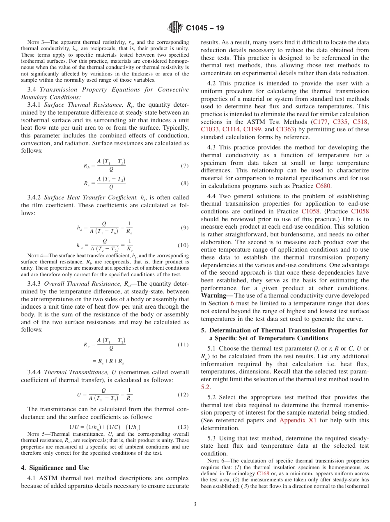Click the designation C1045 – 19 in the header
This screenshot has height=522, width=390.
point(204,28)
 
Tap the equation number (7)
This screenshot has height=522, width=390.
point(184,166)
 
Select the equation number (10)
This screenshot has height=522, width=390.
point(183,245)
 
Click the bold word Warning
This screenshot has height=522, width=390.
point(216,295)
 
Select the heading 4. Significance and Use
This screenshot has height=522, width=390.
point(55,467)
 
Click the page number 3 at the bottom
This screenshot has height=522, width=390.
point(195,504)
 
